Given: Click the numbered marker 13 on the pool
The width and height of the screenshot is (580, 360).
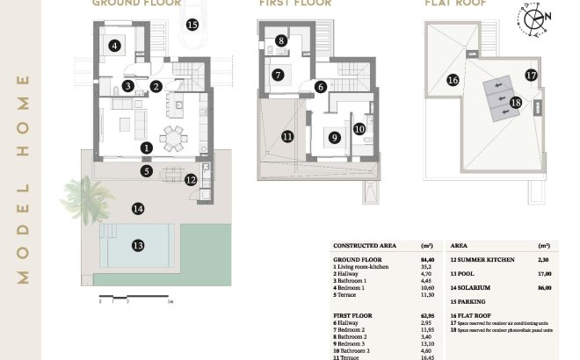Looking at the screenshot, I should coord(137,245).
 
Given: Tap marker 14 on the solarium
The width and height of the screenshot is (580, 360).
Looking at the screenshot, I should coord(137,208).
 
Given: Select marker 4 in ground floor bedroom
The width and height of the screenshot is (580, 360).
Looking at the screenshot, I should coord(114,46).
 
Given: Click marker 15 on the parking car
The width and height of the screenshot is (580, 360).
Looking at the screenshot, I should coord(192,25).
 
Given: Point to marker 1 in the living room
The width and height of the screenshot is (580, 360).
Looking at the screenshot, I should coord(147,148).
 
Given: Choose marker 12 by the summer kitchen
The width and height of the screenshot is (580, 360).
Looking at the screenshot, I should coord(191,179).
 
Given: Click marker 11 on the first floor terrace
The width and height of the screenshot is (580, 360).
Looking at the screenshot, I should coord(286,136).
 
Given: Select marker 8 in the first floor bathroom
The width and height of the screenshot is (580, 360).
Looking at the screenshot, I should coord(280,40).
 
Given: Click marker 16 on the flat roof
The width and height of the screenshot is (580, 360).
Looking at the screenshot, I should coord(453,80).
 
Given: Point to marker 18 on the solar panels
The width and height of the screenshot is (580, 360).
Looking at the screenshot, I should coord(516,103).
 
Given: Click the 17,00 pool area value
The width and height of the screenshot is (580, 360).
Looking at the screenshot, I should coord(543,273).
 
